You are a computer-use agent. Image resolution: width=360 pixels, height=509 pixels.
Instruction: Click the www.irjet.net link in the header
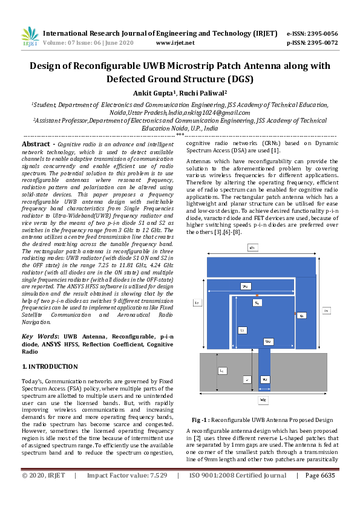(175, 43)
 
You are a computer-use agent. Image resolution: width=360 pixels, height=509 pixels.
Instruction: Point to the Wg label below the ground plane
(263, 400)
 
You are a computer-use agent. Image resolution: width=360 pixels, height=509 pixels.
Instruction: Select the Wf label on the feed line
(264, 379)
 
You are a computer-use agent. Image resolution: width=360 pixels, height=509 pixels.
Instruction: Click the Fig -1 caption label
(200, 420)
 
